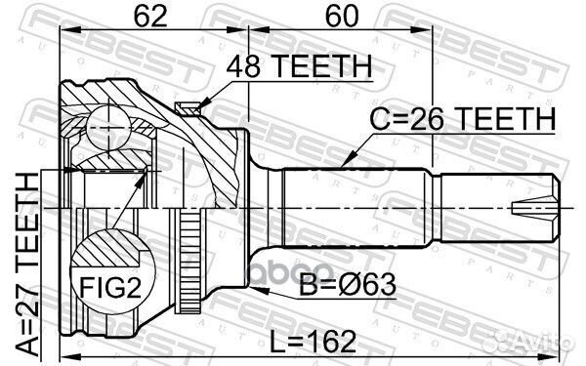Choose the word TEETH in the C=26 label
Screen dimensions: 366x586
[x=508, y=118]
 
